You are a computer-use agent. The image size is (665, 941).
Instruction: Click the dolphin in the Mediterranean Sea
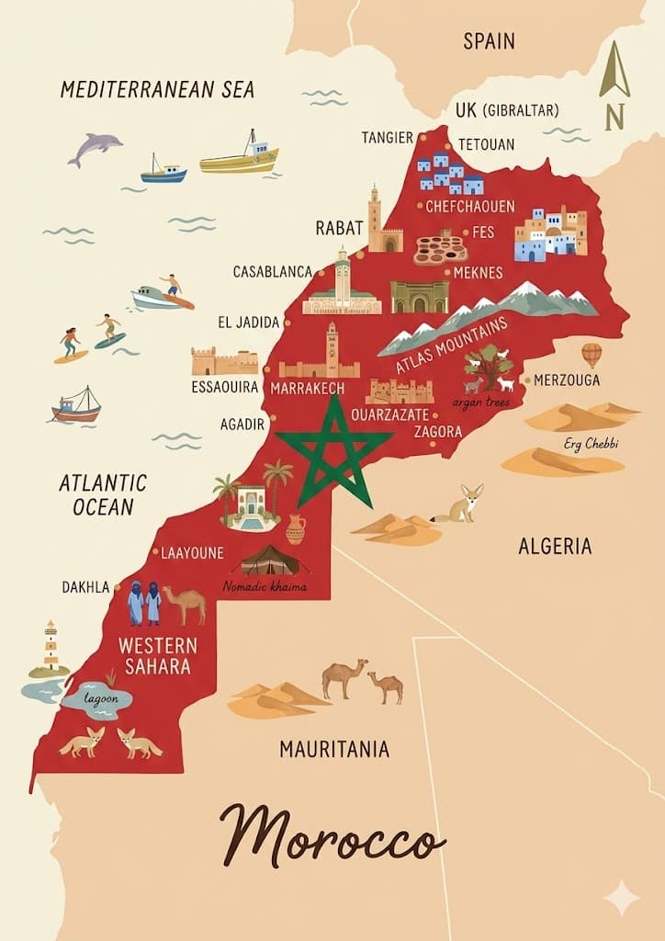(95, 148)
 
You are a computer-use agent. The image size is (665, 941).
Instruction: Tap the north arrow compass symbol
(614, 84)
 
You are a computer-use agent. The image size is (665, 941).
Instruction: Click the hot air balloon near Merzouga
(592, 354)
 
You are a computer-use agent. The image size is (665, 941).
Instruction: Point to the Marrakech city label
(308, 389)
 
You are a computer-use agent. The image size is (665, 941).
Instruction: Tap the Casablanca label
(273, 272)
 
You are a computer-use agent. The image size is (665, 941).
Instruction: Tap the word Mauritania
(334, 749)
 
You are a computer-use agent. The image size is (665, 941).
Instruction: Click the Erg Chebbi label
(592, 444)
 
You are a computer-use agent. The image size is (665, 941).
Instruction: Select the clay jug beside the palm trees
(295, 529)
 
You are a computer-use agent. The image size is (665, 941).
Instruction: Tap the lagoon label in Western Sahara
(102, 698)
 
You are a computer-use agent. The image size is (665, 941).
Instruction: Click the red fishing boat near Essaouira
(76, 406)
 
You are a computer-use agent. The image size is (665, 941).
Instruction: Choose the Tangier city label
(387, 138)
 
